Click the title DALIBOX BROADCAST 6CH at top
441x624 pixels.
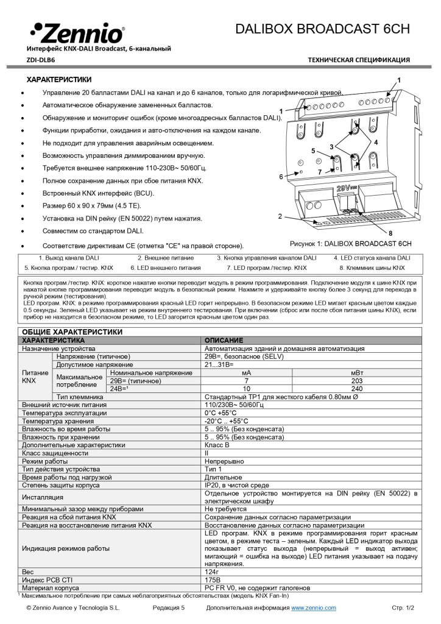click(322, 29)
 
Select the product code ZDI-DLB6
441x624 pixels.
click(41, 60)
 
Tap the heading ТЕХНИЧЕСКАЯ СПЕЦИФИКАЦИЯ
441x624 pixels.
click(358, 60)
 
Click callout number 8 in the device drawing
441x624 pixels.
click(390, 233)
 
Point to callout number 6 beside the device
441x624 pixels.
click(281, 177)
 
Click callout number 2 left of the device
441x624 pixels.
click(280, 216)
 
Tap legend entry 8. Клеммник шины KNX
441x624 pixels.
click(372, 268)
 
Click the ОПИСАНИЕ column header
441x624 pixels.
click(224, 339)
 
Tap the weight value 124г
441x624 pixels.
click(212, 572)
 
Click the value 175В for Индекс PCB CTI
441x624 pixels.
click(213, 580)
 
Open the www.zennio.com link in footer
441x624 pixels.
click(313, 608)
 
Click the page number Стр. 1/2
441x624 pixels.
click(402, 608)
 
